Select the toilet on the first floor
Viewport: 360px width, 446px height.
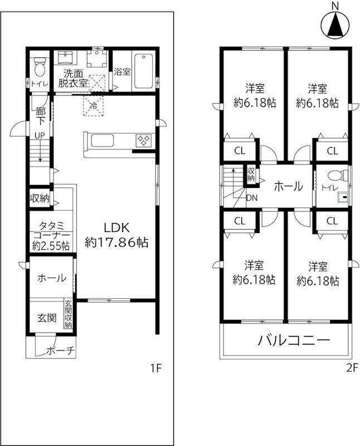(x=39, y=69)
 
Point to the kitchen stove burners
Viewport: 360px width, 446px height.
(x=143, y=140)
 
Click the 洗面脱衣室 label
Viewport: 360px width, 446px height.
(x=74, y=77)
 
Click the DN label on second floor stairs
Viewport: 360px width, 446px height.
(x=251, y=197)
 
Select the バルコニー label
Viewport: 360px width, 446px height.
(x=294, y=340)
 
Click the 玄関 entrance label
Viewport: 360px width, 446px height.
(x=46, y=318)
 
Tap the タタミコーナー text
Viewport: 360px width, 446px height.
(x=51, y=235)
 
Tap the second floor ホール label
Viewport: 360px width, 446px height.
(x=288, y=186)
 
